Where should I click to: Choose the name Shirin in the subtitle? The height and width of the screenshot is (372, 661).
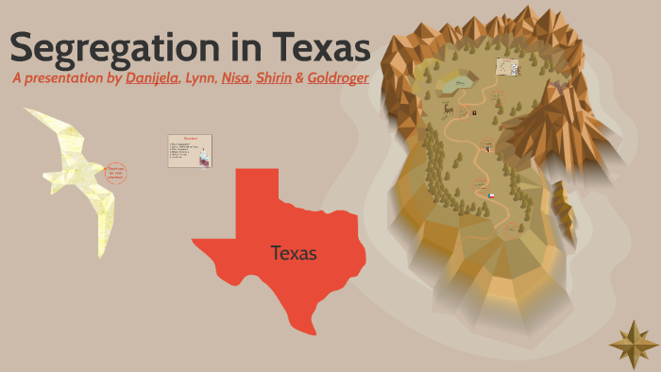(274, 78)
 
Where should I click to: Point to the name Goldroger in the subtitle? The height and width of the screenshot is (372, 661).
(338, 78)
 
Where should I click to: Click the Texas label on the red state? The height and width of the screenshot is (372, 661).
(294, 253)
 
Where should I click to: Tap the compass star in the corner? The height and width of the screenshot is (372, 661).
(634, 344)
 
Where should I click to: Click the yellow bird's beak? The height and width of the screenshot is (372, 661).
(27, 112)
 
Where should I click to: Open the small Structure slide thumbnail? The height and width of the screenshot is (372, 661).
(190, 150)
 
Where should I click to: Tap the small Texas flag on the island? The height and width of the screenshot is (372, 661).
(491, 194)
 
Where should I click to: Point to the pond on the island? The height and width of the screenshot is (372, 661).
(460, 83)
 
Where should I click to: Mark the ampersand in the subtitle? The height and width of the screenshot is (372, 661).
(299, 78)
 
